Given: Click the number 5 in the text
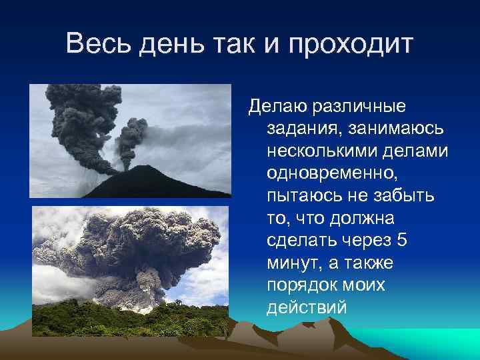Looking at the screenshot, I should [401, 241].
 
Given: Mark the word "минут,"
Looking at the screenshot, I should [295, 263].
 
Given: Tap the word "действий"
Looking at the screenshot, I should [306, 309].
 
